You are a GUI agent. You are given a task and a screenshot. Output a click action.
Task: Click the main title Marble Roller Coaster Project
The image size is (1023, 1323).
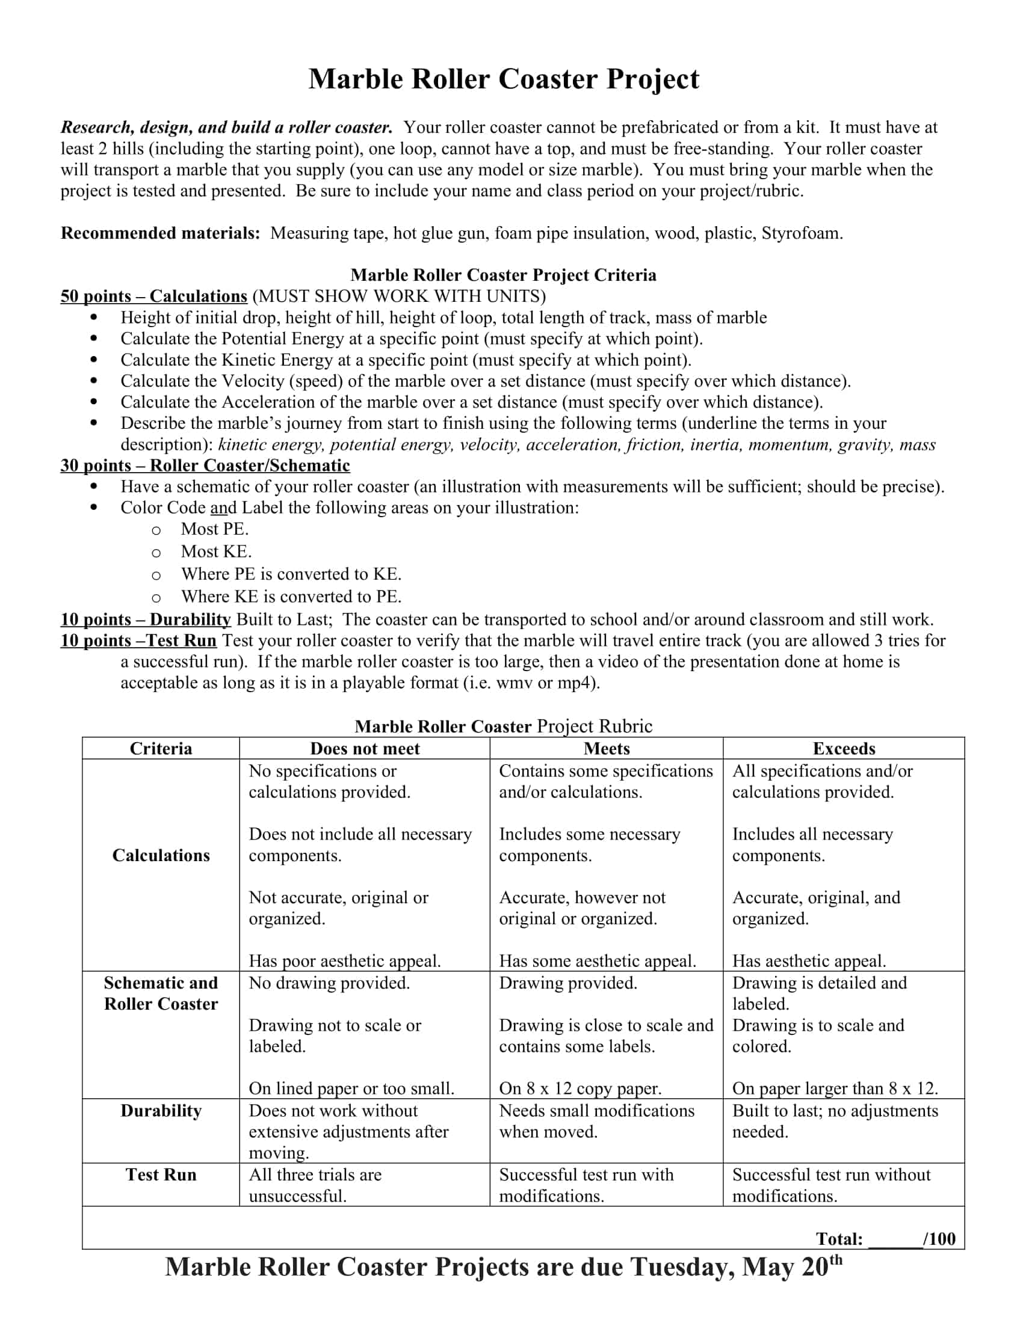tap(504, 79)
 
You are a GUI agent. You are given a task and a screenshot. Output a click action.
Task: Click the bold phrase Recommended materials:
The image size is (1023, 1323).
tap(161, 233)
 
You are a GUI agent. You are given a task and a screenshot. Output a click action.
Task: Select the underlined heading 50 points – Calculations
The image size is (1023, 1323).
tap(154, 296)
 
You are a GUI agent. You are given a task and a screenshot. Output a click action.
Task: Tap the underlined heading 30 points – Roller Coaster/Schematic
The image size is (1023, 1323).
tap(205, 465)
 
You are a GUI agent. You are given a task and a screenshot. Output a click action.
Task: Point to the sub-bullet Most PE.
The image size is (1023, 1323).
tap(215, 529)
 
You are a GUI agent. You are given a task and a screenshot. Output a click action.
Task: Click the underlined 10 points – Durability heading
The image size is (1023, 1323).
tap(146, 619)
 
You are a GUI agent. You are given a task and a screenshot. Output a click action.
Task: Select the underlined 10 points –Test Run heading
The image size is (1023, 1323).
tap(138, 640)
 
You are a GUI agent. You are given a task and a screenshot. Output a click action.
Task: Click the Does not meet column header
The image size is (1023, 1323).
tap(364, 749)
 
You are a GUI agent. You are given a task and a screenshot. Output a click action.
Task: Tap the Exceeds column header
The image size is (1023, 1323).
tap(844, 749)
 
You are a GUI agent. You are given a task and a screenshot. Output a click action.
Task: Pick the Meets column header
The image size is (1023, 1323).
tap(606, 749)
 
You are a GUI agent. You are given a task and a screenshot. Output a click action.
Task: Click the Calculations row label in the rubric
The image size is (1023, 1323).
tap(161, 855)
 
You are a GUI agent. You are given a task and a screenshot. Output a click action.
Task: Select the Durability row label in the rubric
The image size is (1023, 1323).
tap(161, 1110)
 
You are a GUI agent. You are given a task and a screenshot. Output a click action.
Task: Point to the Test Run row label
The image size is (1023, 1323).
tap(161, 1174)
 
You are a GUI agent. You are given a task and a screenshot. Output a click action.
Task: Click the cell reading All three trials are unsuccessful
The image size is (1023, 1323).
tap(315, 1185)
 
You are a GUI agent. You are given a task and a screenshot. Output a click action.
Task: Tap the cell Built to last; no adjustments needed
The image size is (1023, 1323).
tap(835, 1121)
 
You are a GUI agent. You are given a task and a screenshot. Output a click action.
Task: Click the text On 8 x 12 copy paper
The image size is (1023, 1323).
tap(580, 1088)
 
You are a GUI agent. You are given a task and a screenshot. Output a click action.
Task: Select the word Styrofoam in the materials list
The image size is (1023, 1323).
tap(801, 233)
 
